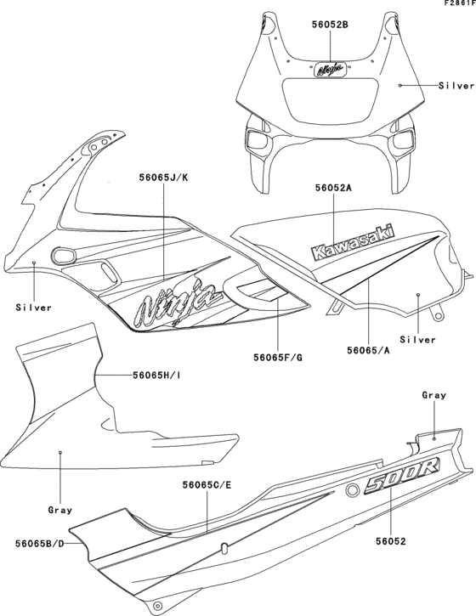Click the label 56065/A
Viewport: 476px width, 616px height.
[368, 349]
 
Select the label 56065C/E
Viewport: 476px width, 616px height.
[207, 485]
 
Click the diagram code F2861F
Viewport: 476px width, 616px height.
[456, 4]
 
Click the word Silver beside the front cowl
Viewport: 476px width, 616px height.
[456, 86]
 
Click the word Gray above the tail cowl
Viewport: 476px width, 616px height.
[433, 395]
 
